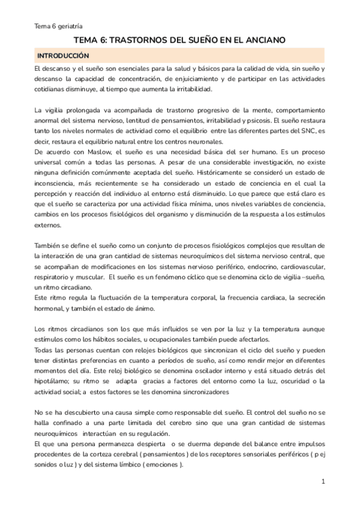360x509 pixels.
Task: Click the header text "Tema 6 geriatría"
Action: [58, 26]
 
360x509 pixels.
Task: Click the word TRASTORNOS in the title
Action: [139, 40]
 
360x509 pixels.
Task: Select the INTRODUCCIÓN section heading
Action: [63, 56]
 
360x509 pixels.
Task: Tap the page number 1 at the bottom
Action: [323, 482]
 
